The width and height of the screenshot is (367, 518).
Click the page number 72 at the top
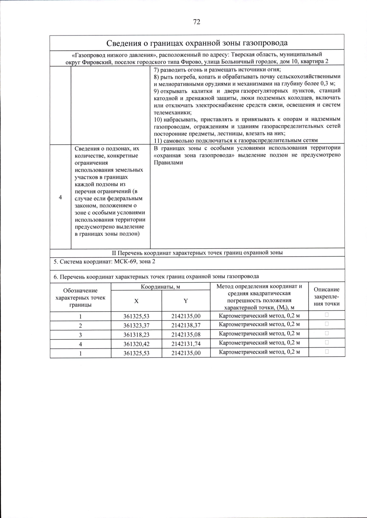click(x=197, y=22)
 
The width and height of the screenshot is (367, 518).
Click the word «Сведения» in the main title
click(x=124, y=43)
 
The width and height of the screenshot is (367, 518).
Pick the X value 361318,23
click(x=136, y=335)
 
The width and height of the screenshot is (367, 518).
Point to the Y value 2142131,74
click(x=186, y=344)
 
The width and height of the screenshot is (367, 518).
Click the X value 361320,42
click(x=136, y=344)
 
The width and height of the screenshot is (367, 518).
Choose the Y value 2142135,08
click(x=186, y=335)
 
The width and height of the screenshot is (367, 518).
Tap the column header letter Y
click(x=186, y=301)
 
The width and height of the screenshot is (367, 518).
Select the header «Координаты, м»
click(x=160, y=287)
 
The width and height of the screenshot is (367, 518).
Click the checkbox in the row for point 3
click(x=327, y=333)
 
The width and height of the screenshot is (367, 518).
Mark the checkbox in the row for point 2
click(x=327, y=324)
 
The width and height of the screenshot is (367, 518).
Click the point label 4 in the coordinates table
click(x=80, y=344)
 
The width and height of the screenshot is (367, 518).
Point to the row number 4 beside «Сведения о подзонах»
click(x=60, y=198)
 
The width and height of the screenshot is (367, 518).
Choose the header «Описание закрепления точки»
click(x=327, y=296)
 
